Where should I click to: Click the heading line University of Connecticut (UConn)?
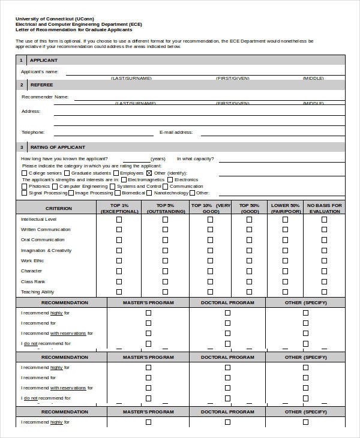point(55,19)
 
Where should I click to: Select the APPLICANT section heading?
point(44,60)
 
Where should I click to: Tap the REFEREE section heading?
point(41,85)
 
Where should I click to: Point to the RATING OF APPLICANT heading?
point(58,147)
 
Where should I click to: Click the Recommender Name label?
point(45,97)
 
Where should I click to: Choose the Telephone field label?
point(33,132)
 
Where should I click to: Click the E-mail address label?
point(176,132)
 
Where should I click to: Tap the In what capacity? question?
point(195,158)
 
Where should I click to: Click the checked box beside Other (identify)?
point(149,173)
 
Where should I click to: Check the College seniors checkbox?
point(24,173)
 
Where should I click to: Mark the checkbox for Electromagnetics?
point(124,179)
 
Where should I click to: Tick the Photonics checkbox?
point(24,187)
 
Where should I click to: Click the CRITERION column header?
point(58,208)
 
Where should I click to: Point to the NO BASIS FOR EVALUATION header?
point(324,208)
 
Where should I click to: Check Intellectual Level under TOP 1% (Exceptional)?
point(119,220)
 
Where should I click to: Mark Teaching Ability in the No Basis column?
point(324,292)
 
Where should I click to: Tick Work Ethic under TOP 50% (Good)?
point(249,261)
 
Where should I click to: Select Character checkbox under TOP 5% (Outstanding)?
point(165,271)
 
